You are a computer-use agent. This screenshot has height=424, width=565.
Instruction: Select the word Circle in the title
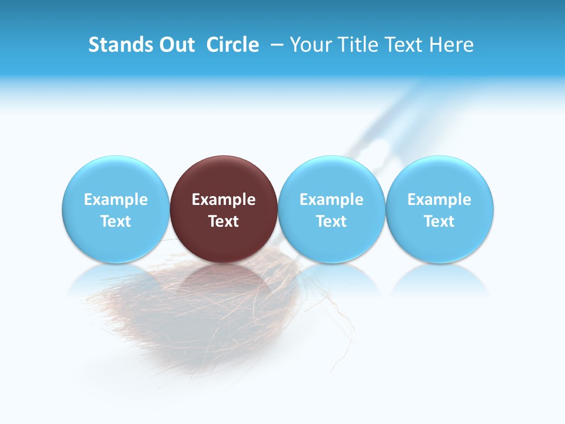[232, 45]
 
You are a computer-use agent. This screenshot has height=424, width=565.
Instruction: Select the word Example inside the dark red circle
[224, 200]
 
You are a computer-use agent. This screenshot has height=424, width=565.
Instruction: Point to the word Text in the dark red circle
[224, 221]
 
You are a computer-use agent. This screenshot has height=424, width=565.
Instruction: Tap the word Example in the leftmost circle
[115, 200]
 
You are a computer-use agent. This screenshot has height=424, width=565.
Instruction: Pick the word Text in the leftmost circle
[115, 221]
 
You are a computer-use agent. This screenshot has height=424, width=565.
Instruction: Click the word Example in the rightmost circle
[440, 200]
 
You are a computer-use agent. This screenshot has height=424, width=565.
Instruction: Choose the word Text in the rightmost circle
[440, 221]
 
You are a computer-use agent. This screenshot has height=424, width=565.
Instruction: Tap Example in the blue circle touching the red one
[331, 200]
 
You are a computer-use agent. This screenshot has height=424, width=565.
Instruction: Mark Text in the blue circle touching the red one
[331, 221]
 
